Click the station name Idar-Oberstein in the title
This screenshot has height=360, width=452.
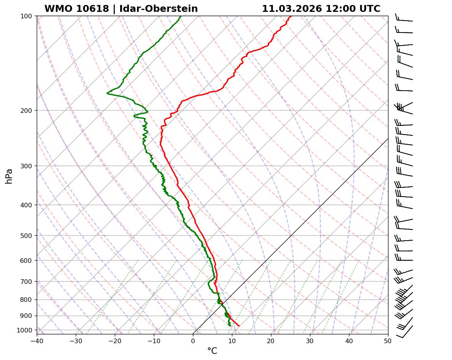pos(158,9)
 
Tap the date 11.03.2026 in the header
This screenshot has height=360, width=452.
pos(292,9)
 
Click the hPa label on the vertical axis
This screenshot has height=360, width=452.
pos(9,176)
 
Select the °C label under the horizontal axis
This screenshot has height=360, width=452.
pos(212,351)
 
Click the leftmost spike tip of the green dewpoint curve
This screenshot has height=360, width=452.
pos(107,93)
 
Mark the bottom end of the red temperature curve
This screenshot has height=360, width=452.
pos(239,326)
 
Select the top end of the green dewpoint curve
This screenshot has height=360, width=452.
pos(181,16)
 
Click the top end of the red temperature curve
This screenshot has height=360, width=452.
pos(291,16)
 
